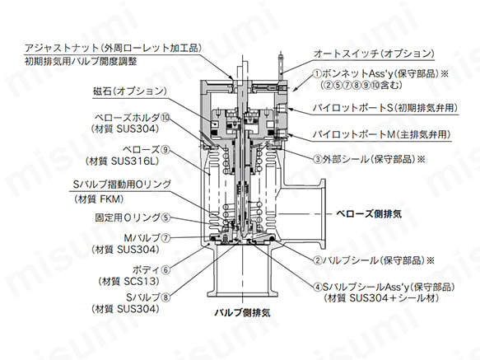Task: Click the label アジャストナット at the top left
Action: pos(62,48)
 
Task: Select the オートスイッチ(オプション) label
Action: pos(374,54)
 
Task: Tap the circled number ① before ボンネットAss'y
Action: pos(317,74)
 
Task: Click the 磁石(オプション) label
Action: pos(130,91)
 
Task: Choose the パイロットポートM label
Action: pos(354,134)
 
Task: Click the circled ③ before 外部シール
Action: pos(318,159)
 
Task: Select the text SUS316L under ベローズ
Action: pos(135,161)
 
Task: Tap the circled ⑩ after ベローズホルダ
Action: pos(165,118)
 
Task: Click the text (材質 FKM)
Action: pos(99,199)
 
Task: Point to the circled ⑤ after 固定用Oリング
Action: pos(165,217)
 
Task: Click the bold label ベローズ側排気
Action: pos(369,213)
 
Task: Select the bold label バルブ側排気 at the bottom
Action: pos(242,312)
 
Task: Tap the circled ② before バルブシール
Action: pos(318,260)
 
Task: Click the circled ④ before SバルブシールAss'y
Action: pos(318,287)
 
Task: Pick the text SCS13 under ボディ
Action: pos(142,281)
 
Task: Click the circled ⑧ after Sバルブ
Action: pos(165,297)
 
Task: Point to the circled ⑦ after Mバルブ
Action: pos(165,238)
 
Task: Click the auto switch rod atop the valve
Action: pos(280,66)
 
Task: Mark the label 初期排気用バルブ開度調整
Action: pos(81,62)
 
